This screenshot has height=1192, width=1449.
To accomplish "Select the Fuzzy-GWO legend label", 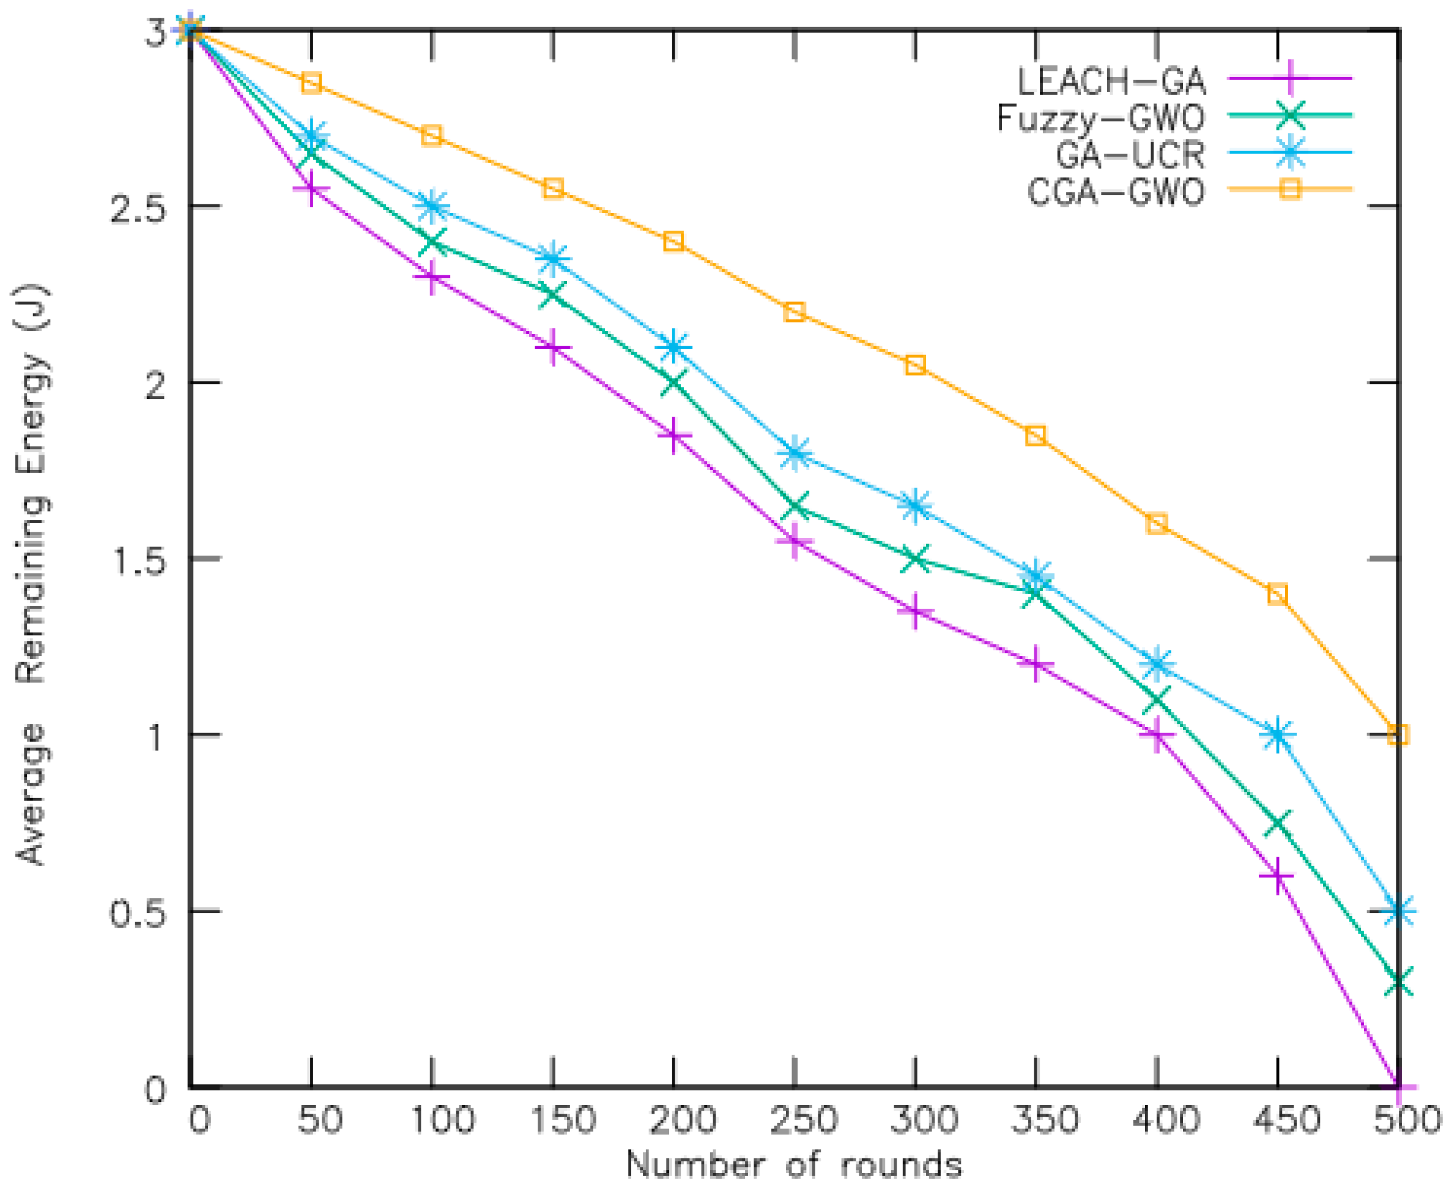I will click(1100, 118).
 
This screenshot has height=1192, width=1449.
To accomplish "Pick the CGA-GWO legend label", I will click(1116, 192).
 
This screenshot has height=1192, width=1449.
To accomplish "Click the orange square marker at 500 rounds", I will click(1398, 734).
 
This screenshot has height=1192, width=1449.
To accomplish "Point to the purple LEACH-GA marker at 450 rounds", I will click(1277, 876).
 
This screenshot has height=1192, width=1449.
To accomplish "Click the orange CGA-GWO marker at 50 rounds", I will click(311, 83).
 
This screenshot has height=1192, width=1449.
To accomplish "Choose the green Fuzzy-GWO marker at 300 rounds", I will click(915, 559).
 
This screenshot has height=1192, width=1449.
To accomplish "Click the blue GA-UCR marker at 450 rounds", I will click(1277, 735).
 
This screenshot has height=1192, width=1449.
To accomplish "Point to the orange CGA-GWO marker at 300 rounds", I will click(915, 365).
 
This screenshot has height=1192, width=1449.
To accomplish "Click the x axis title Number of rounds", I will click(794, 1166).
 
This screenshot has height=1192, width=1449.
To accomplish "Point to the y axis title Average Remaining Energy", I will click(31, 575).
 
